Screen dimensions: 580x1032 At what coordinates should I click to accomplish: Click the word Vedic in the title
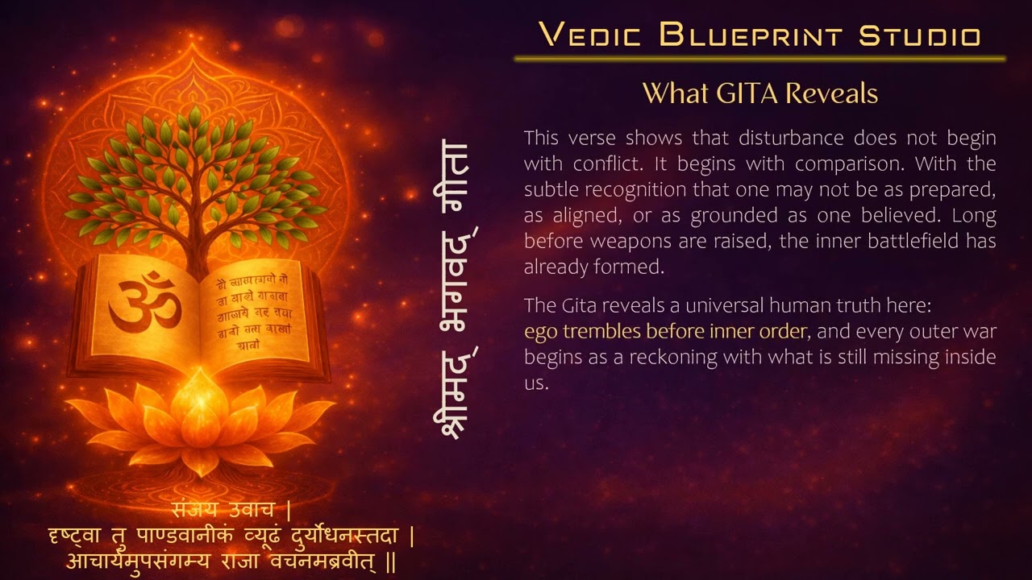tap(589, 35)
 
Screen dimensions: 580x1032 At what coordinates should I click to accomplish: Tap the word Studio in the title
tap(920, 35)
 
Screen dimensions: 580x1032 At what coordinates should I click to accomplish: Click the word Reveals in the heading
tap(831, 93)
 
